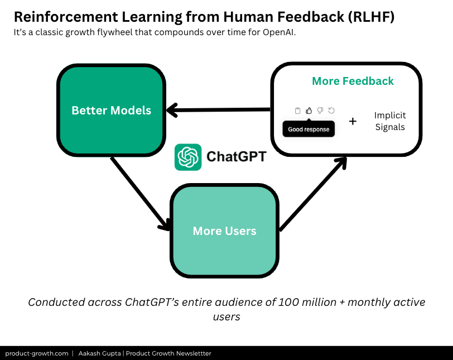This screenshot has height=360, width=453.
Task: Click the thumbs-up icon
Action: tap(309, 111)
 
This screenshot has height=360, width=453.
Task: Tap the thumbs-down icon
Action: tap(320, 111)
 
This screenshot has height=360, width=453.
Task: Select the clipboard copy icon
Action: tap(298, 111)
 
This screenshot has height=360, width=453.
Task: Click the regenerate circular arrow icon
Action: tap(331, 111)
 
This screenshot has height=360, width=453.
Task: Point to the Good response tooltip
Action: tap(309, 129)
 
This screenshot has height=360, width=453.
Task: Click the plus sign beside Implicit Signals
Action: tap(353, 121)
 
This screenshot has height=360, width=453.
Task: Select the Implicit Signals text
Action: tap(390, 121)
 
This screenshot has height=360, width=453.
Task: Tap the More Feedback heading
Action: tap(353, 81)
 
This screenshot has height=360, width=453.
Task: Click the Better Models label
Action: tap(111, 110)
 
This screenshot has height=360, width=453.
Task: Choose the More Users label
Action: tap(224, 231)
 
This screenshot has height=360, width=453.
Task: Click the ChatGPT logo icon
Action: tap(188, 157)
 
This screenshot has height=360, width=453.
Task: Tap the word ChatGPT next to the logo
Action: tap(236, 157)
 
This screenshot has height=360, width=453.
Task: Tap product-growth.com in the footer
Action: tap(37, 353)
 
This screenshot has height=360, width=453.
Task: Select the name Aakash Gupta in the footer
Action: tap(101, 353)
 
